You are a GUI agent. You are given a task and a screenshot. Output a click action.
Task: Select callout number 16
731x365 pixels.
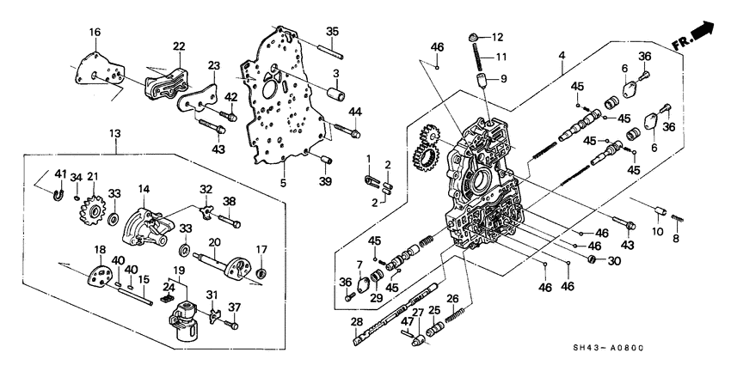[95, 32]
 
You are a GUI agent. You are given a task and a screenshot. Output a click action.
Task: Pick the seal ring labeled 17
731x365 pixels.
[262, 274]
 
